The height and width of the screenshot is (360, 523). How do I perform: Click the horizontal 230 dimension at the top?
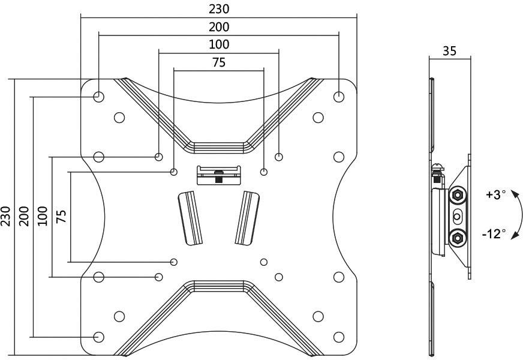[x=219, y=9]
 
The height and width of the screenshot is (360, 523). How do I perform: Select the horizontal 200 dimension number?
[x=219, y=26]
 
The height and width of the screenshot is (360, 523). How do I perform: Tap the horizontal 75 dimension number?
[x=219, y=62]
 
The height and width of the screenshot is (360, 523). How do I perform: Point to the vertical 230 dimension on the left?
[x=6, y=216]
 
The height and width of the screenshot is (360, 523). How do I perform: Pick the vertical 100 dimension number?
[x=43, y=216]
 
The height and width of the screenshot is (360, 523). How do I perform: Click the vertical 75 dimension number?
[x=61, y=216]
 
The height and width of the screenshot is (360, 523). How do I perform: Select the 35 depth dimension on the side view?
[x=449, y=50]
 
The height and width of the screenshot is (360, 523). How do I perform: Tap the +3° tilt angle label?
[x=496, y=194]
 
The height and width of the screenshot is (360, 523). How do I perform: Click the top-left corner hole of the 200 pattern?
[x=99, y=96]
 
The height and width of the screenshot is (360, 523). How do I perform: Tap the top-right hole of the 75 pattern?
[x=264, y=172]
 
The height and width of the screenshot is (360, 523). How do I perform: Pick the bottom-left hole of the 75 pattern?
[x=174, y=262]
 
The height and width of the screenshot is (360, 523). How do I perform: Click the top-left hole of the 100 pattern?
[x=158, y=157]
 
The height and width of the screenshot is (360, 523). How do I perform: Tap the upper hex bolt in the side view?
[x=458, y=194]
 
